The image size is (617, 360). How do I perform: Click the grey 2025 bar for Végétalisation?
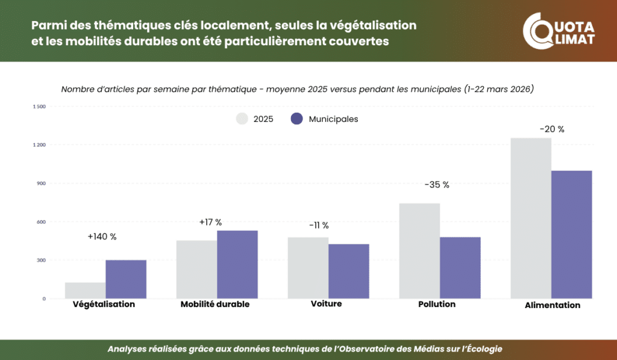85,290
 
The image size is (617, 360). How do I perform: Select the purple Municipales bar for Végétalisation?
126,279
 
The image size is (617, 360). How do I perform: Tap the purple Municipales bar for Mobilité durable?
237,264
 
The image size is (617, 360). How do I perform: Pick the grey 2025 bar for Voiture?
308,268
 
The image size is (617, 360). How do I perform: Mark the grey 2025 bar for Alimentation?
531,218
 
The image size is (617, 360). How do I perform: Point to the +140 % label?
102,236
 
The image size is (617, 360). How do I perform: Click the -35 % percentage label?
437,185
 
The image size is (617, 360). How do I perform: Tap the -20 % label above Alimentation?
552,129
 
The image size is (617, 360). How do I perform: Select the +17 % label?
210,222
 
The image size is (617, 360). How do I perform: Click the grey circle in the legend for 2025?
242,119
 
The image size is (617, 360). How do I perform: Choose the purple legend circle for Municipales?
296,119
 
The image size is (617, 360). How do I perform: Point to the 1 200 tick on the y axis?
40,145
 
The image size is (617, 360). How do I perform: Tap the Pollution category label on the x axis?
437,304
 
